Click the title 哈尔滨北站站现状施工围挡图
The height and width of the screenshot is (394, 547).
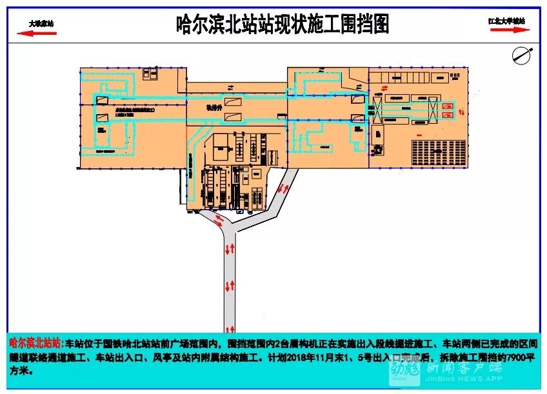[x=283, y=25]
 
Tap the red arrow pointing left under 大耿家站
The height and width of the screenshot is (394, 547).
[x=40, y=32]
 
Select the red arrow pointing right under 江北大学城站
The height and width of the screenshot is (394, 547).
[x=508, y=30]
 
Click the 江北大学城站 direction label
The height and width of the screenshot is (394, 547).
[x=506, y=21]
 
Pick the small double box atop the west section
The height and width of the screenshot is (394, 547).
[x=153, y=75]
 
